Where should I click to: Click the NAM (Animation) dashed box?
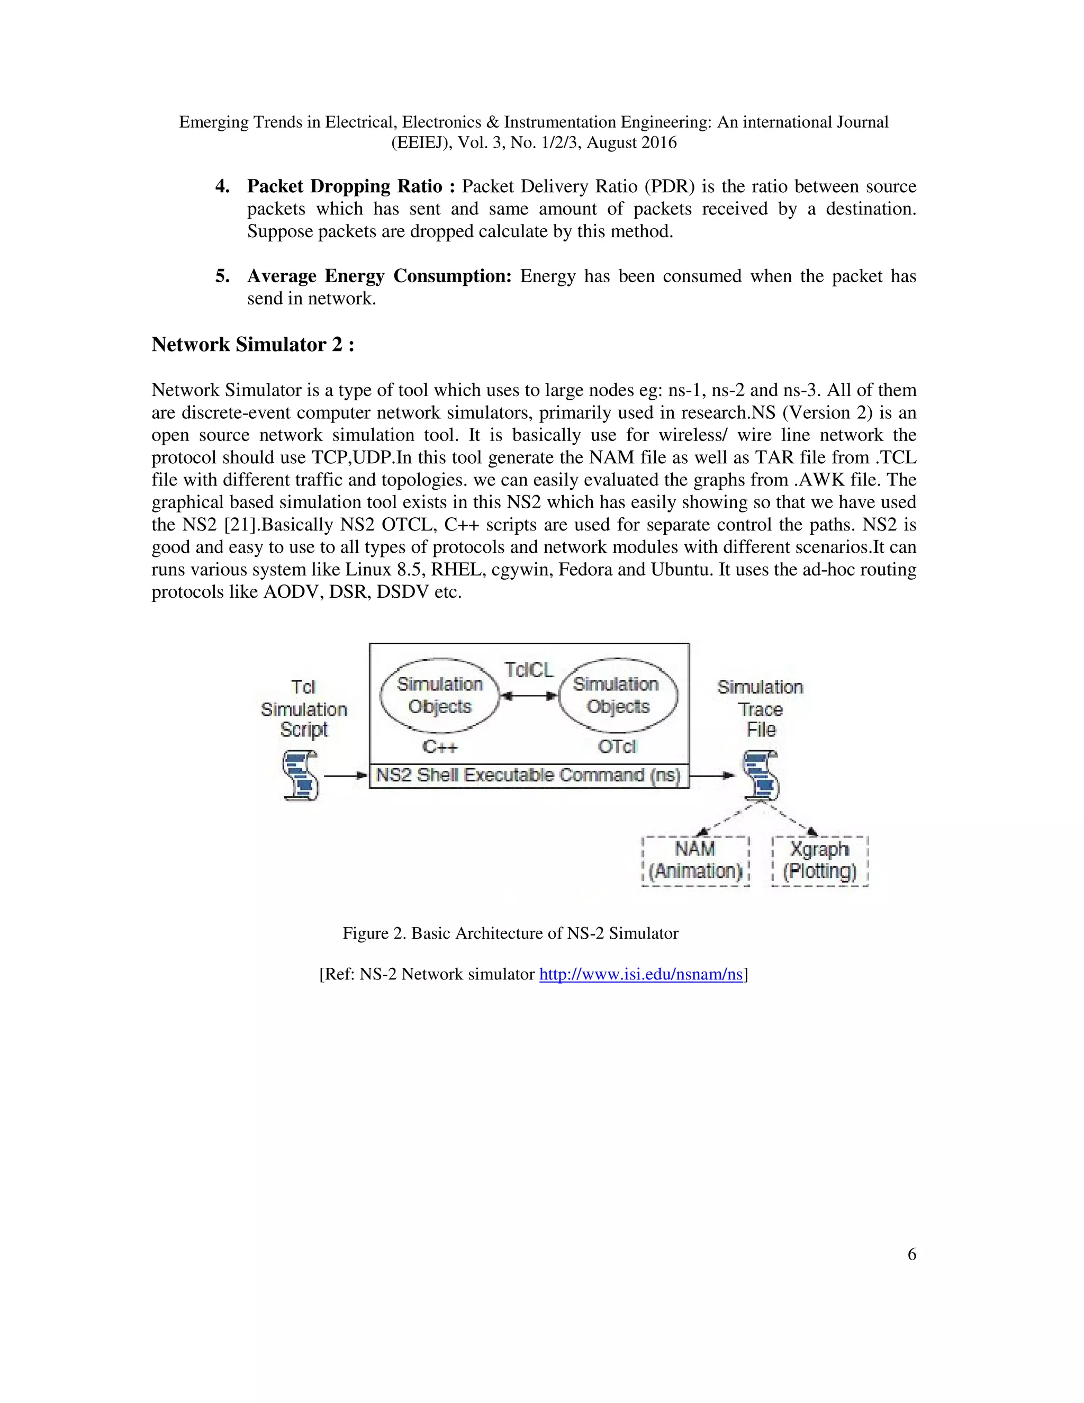point(695,861)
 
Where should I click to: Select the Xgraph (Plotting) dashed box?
point(819,861)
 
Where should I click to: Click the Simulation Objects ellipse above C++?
point(440,695)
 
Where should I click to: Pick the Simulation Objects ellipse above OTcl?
point(617,695)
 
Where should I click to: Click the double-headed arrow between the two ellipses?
point(529,696)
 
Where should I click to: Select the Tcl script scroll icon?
point(301,776)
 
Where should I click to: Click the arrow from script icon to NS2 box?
point(346,776)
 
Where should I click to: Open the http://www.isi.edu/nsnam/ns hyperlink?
point(640,975)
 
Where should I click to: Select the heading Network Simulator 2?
point(252,345)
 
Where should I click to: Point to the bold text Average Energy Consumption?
point(379,276)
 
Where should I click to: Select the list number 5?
point(222,276)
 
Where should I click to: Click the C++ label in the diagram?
point(439,747)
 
